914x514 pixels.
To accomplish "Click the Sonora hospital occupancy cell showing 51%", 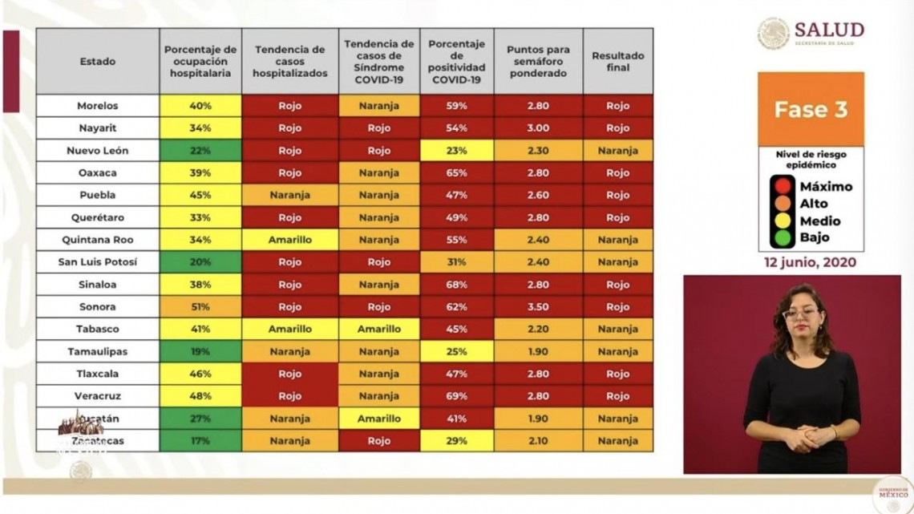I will coord(200,307).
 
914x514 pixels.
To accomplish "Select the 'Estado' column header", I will coord(97,62).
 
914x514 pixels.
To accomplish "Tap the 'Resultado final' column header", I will coord(617,62).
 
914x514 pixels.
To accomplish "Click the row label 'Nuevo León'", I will coord(97,151).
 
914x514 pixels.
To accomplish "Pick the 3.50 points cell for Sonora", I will coord(538,307).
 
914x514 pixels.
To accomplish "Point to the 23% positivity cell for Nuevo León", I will coord(458,151).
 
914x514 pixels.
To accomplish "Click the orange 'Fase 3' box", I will coord(811,109).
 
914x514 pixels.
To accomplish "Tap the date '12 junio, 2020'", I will coord(811,262).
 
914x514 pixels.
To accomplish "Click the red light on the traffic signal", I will coord(783,186).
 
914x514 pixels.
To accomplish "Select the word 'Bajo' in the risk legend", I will coord(815,237).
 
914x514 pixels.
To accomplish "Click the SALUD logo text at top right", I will coord(829,30).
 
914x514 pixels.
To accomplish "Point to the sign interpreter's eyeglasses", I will coord(800,314).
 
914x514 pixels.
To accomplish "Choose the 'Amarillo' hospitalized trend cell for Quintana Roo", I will coord(290,240).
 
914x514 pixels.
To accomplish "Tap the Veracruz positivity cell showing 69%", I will coord(458,396).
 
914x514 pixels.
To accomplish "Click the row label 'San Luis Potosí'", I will coord(97,262).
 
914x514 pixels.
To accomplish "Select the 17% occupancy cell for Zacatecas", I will coord(200,441).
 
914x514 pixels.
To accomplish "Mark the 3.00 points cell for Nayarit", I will coord(538,128).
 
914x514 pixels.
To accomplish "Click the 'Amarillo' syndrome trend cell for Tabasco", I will coord(379,330).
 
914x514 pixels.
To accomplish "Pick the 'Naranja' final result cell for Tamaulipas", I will coord(617,352).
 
